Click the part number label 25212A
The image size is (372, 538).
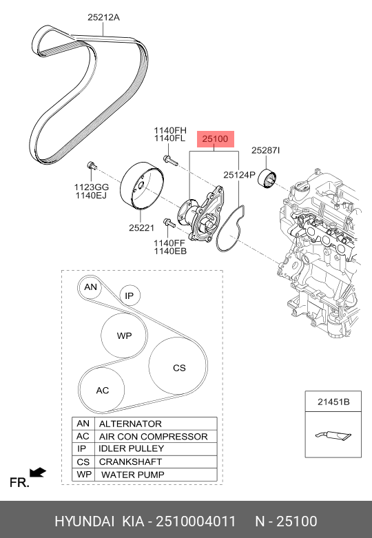[103, 19]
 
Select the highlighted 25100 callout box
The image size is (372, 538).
[214, 140]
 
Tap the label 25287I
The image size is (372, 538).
[265, 149]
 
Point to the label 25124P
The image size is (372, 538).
[239, 175]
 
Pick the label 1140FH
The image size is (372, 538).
[170, 130]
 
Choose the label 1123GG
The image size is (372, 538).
[92, 187]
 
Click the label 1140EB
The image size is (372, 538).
[170, 252]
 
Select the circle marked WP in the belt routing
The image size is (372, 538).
[124, 336]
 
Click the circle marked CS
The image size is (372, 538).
[179, 368]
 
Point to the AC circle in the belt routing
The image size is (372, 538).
[102, 391]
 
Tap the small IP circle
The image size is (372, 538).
[129, 296]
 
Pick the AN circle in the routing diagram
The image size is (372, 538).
[90, 287]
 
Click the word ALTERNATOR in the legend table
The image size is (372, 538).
[130, 424]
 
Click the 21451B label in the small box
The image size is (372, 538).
[333, 401]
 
